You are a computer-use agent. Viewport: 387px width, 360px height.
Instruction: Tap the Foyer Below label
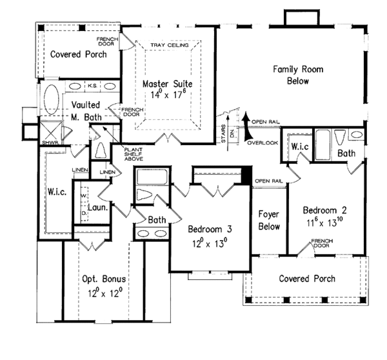pyautogui.click(x=268, y=221)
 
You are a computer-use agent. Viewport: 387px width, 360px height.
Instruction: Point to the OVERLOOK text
pyautogui.click(x=261, y=141)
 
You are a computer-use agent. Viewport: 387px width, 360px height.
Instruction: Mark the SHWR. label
pyautogui.click(x=48, y=143)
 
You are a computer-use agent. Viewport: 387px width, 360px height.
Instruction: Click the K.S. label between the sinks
pyautogui.click(x=92, y=85)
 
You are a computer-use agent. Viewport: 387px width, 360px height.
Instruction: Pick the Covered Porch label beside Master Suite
pyautogui.click(x=77, y=55)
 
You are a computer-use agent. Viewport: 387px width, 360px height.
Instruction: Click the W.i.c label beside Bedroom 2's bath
pyautogui.click(x=300, y=146)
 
